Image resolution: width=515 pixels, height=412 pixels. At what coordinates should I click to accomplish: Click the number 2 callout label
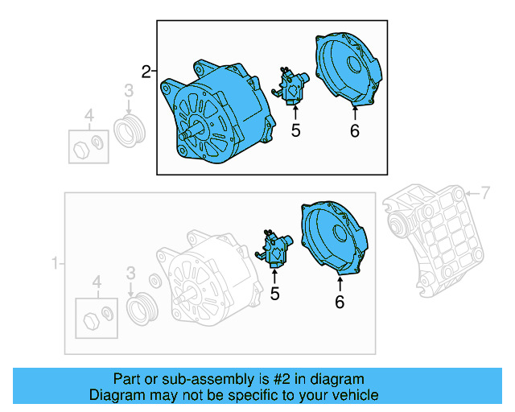pyautogui.click(x=146, y=72)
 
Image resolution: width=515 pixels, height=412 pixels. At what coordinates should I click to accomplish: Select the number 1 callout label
pyautogui.click(x=55, y=263)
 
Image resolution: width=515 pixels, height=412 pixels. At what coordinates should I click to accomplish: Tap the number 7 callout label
pyautogui.click(x=484, y=193)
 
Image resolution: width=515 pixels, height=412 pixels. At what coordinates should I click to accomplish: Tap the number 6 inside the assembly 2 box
pyautogui.click(x=354, y=130)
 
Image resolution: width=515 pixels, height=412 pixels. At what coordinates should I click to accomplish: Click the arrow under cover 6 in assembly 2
pyautogui.click(x=354, y=111)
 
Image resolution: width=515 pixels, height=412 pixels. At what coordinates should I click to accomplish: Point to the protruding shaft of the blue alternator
pyautogui.click(x=187, y=134)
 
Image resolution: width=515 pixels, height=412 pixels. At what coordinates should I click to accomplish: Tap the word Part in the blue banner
pyautogui.click(x=127, y=379)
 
